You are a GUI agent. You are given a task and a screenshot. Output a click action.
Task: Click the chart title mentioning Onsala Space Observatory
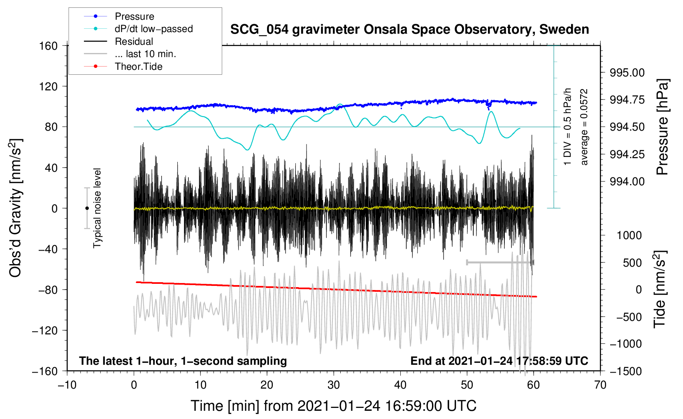(x=409, y=30)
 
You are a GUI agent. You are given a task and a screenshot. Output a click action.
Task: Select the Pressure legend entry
(x=134, y=16)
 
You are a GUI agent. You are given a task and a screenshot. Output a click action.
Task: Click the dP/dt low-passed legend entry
(x=153, y=29)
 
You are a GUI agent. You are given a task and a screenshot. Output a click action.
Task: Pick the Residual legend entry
(x=134, y=41)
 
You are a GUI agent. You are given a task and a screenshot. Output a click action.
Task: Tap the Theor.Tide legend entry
(x=138, y=67)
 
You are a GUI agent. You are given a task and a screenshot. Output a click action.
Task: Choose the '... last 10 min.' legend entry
(x=145, y=54)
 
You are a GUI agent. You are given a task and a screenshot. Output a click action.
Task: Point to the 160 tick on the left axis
(x=49, y=46)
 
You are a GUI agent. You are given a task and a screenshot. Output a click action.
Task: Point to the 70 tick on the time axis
(x=600, y=385)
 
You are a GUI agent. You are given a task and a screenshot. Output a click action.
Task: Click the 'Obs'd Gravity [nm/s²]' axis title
(x=16, y=208)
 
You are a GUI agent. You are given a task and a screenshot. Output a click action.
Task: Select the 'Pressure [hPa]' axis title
(x=663, y=127)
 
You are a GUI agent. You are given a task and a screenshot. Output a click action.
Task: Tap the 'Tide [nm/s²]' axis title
(x=660, y=290)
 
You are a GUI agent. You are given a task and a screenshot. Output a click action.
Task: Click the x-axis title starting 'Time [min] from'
(x=333, y=406)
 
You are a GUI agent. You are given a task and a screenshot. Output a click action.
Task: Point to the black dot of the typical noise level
(x=87, y=208)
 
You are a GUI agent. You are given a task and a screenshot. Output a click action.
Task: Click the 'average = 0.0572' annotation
(x=584, y=127)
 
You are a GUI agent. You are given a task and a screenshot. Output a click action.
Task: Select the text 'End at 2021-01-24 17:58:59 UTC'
(x=499, y=361)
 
